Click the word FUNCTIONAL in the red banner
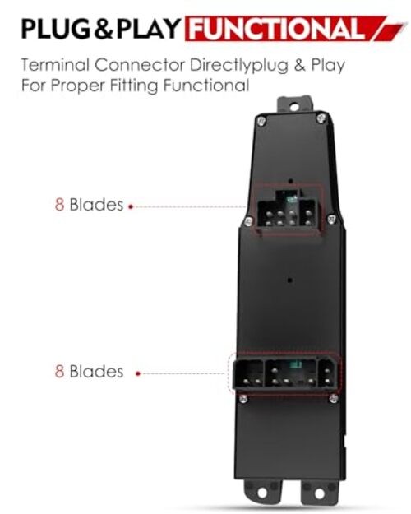click(277, 28)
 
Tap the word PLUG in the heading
click(56, 29)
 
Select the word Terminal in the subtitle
click(55, 65)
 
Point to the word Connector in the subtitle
click(140, 65)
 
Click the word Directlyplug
click(239, 65)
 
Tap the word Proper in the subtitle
click(77, 86)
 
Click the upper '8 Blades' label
click(89, 205)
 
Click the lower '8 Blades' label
click(89, 372)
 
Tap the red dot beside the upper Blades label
click(131, 206)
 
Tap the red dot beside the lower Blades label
click(138, 373)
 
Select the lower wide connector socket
click(285, 373)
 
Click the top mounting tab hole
click(294, 107)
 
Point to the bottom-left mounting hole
click(262, 493)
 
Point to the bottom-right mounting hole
click(320, 493)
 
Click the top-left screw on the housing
click(261, 121)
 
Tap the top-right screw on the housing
click(321, 118)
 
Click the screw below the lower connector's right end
click(334, 398)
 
